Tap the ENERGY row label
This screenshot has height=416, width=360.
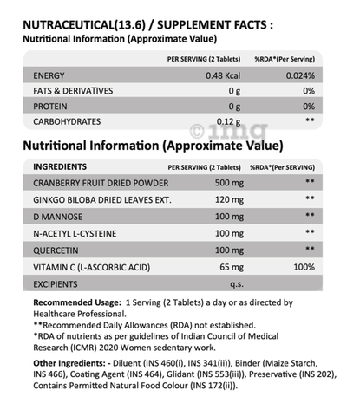pos(48,75)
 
